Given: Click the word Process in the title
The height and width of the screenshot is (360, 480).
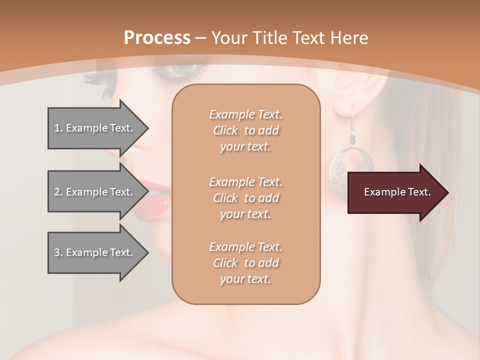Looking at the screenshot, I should [x=157, y=38].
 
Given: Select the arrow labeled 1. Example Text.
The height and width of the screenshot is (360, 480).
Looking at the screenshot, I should [x=95, y=128].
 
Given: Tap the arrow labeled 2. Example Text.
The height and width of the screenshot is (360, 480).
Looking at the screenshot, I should [x=95, y=192].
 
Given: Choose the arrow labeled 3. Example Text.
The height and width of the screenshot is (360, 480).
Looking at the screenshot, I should [x=95, y=252].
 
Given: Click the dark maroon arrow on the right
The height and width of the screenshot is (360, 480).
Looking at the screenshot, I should [x=395, y=192].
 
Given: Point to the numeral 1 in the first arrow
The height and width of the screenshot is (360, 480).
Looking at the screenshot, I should [x=57, y=128].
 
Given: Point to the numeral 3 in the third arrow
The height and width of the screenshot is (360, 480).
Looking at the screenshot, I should [x=57, y=252].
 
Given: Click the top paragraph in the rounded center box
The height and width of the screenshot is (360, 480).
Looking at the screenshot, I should [x=245, y=130].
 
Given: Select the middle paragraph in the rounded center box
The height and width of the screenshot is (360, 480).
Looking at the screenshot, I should [x=245, y=198].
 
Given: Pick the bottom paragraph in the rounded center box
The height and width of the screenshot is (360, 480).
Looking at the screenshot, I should [x=245, y=263].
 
